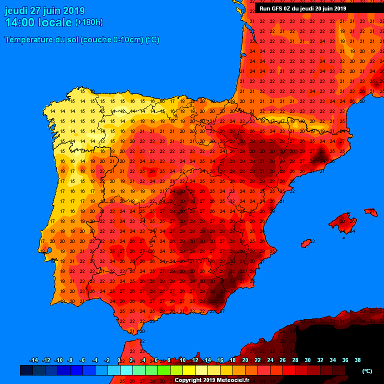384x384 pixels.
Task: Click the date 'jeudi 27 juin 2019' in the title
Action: click(45, 10)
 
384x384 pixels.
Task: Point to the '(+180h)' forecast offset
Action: click(89, 22)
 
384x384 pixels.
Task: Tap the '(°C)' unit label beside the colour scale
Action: click(367, 370)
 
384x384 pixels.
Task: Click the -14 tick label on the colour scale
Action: click(34, 360)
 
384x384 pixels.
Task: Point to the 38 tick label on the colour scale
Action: click(357, 360)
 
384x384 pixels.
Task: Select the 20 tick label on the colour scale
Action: click(245, 360)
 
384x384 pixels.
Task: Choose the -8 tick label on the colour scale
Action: click(70, 360)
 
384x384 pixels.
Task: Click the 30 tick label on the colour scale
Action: click(307, 360)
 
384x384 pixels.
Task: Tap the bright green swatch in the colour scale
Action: click(163, 370)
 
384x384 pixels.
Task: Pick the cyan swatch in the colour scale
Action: click(126, 370)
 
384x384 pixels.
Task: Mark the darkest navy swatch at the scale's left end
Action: click(26, 370)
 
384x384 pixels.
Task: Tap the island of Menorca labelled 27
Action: click(371, 212)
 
